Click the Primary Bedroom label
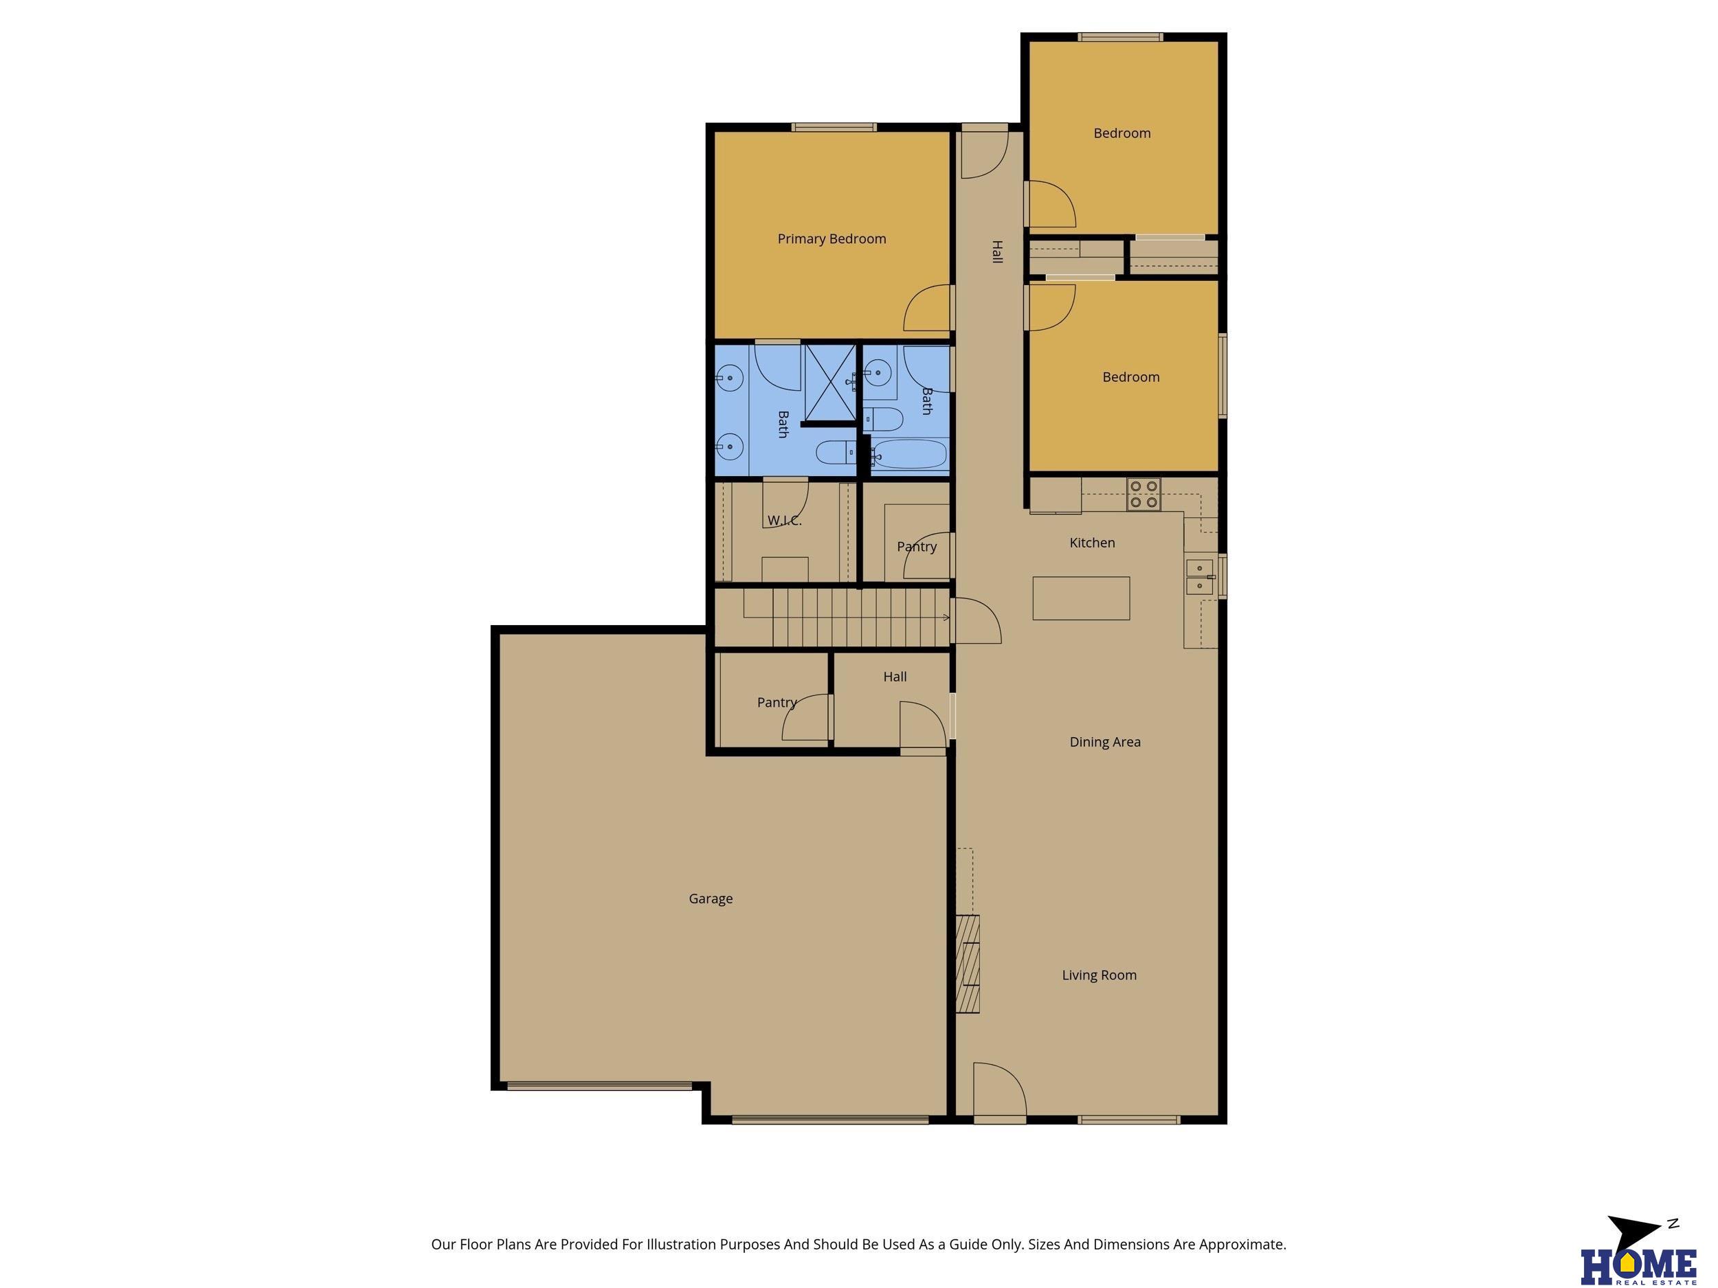coord(831,239)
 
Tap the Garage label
coord(711,899)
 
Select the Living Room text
coord(1099,975)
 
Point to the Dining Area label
coord(1104,742)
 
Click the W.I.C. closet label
coord(785,521)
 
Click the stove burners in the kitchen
coord(1144,495)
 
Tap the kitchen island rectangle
coord(1081,598)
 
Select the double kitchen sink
coord(1200,577)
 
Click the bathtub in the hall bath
coord(909,454)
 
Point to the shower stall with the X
coord(830,383)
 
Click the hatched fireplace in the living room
coord(968,964)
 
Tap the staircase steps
coord(847,618)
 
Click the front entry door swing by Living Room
coord(1001,1090)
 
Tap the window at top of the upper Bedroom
coord(1119,36)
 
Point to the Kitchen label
coord(1092,543)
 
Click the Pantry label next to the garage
coord(777,703)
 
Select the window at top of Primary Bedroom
coord(834,127)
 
